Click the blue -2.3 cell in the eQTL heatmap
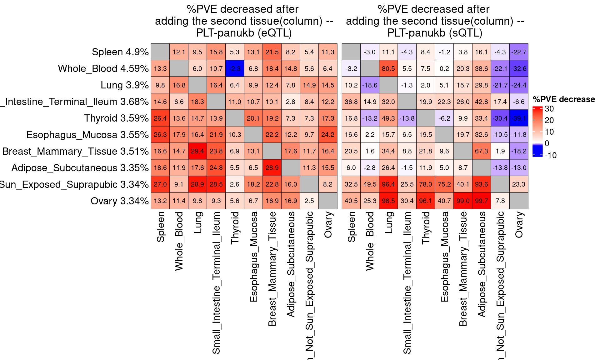coord(235,68)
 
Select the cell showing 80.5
coord(388,68)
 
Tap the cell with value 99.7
coord(482,201)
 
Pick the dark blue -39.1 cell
coord(519,118)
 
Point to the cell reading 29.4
coord(197,151)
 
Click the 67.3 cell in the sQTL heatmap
coord(482,151)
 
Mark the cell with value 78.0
coord(426,184)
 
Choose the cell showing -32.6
coord(519,68)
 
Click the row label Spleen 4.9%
coord(120,52)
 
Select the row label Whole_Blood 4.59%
coord(103,68)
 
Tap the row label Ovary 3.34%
coord(119,201)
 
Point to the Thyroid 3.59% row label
coord(116,118)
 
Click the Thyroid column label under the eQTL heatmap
coord(235,228)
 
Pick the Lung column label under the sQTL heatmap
coord(388,222)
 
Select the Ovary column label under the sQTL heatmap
coord(519,225)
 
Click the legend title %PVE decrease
coord(564,99)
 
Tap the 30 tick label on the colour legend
coord(549,109)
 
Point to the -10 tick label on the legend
coord(550,155)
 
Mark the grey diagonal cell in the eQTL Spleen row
coord(160,52)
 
